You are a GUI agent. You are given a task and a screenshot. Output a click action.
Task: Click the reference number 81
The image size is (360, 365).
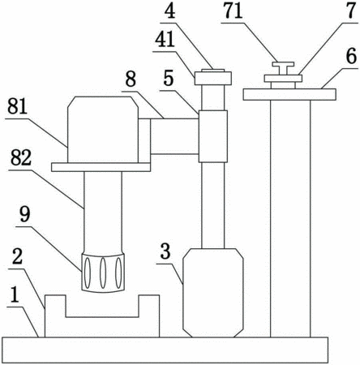17,107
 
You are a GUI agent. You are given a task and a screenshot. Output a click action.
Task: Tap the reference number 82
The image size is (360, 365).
21,158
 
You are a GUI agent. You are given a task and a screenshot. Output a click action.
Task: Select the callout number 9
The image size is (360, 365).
25,215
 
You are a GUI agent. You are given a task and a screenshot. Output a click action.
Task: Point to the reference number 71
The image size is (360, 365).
233,11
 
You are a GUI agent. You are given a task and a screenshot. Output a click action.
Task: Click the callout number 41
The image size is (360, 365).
165,40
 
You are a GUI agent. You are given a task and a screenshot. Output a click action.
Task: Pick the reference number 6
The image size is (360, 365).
351,57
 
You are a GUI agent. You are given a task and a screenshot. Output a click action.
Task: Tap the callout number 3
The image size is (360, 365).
165,251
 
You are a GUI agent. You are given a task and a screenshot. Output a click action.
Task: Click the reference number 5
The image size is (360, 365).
169,79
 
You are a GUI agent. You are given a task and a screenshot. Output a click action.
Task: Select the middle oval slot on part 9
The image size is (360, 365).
103,273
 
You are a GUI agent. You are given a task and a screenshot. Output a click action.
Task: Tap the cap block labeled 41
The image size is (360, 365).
213,78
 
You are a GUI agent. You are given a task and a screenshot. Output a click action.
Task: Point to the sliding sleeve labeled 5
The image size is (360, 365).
213,136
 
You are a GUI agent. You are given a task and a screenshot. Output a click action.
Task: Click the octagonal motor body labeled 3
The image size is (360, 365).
213,293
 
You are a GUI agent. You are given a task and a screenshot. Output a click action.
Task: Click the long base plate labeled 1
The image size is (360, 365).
165,350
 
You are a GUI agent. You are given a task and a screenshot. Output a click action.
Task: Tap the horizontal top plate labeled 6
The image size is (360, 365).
289,94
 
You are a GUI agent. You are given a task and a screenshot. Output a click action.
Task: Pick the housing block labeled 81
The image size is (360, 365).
103,130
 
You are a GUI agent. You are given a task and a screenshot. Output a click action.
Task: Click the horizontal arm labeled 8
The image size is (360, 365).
174,136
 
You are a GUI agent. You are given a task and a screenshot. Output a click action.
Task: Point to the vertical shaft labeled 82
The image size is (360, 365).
103,213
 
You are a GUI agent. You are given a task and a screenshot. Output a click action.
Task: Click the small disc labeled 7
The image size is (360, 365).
283,79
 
